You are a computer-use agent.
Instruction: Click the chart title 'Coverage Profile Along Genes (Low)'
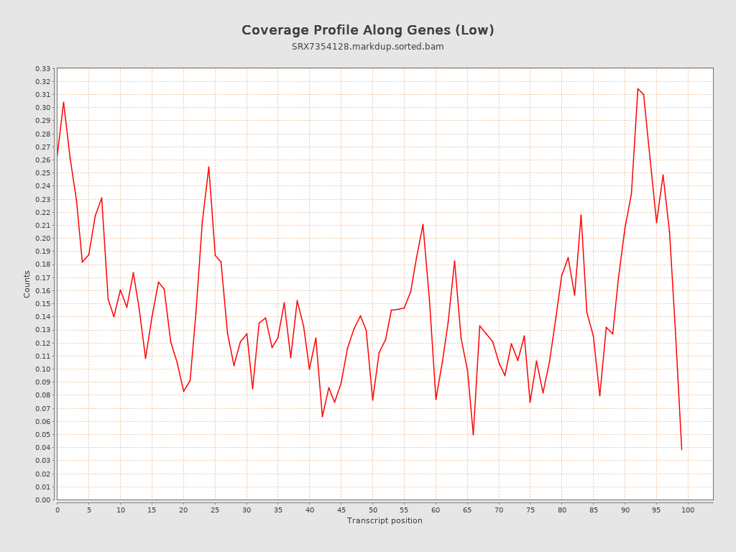367,30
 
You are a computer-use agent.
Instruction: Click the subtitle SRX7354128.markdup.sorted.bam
367,47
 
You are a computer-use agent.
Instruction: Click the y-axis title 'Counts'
27,284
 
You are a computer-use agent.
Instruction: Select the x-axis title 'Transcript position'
385,520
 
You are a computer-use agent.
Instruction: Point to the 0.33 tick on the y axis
42,69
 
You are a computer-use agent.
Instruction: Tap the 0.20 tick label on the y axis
42,239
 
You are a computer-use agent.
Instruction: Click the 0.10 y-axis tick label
42,369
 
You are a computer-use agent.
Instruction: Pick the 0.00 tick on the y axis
42,500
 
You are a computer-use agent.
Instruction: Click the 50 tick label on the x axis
372,510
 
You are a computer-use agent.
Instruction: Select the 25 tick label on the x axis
215,510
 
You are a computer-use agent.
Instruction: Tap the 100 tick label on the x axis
688,510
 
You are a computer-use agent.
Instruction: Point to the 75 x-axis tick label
530,510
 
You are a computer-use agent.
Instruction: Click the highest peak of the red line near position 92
638,88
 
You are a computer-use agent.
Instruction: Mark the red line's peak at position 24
208,167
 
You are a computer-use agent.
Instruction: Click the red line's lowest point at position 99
681,449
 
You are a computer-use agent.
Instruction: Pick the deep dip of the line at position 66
473,434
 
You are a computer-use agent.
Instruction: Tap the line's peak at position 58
423,224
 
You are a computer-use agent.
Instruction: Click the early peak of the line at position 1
63,102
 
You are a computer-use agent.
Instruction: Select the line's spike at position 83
581,215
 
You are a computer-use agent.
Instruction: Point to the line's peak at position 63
454,261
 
